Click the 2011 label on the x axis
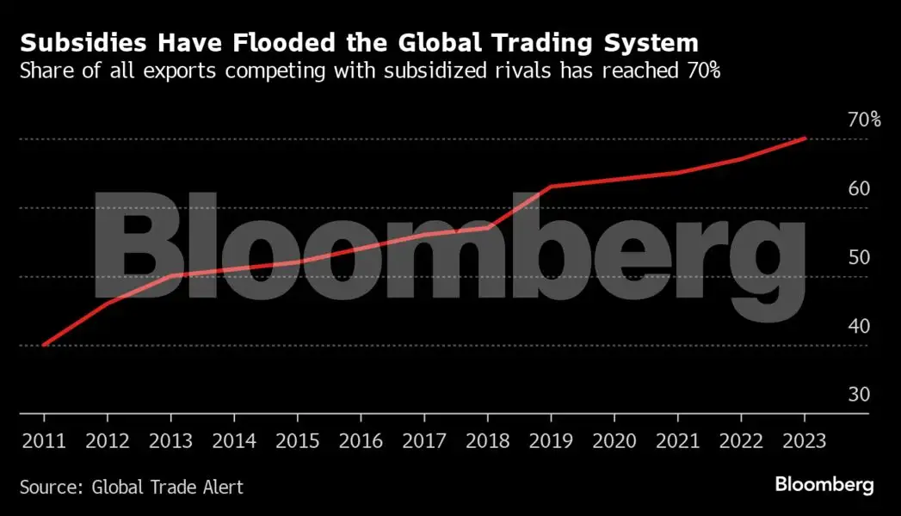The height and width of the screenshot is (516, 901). (43, 440)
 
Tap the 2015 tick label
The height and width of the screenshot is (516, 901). (297, 440)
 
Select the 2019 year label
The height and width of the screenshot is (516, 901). (551, 440)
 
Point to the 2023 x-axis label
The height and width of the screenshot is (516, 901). (805, 440)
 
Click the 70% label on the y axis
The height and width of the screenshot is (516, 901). (862, 120)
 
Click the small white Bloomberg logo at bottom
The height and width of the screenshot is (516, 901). (824, 485)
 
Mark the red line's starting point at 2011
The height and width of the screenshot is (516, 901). (43, 345)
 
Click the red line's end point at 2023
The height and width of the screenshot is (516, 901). (805, 138)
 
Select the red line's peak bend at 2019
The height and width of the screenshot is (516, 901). (551, 186)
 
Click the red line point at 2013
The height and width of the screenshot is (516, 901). (170, 276)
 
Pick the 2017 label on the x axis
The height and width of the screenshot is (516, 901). (423, 440)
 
